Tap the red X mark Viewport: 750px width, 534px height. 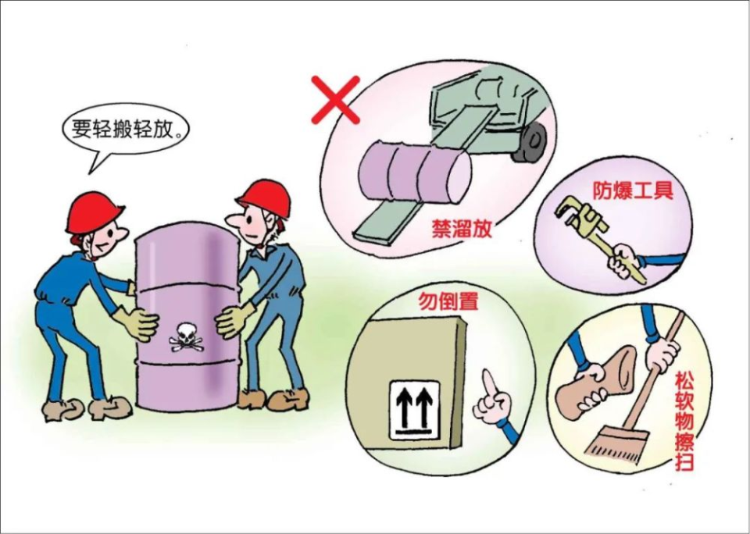[335, 99]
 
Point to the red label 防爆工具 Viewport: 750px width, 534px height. [632, 191]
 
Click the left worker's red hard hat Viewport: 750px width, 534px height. [94, 212]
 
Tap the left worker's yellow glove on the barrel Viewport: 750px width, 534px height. [138, 322]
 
